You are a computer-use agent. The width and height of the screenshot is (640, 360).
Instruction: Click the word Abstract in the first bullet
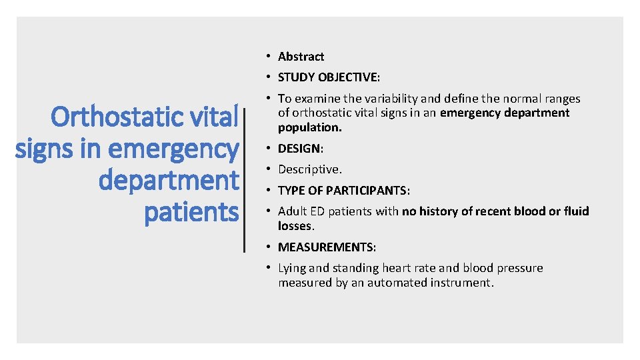301,57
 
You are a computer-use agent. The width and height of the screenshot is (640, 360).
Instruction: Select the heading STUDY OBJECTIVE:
329,77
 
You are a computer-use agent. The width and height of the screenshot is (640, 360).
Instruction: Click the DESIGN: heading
300,148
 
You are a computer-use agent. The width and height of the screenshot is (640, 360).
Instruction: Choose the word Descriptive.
309,169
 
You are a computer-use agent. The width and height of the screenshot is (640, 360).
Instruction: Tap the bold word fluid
574,211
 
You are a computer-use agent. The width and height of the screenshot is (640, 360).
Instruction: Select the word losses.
295,226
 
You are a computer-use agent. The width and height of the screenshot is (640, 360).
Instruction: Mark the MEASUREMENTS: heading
327,247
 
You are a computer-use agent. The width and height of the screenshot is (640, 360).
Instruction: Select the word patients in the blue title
191,213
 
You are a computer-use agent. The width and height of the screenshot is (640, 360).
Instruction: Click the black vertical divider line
246,180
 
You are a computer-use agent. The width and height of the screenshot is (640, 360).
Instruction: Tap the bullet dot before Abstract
266,57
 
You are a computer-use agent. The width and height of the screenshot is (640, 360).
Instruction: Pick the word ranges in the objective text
561,99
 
